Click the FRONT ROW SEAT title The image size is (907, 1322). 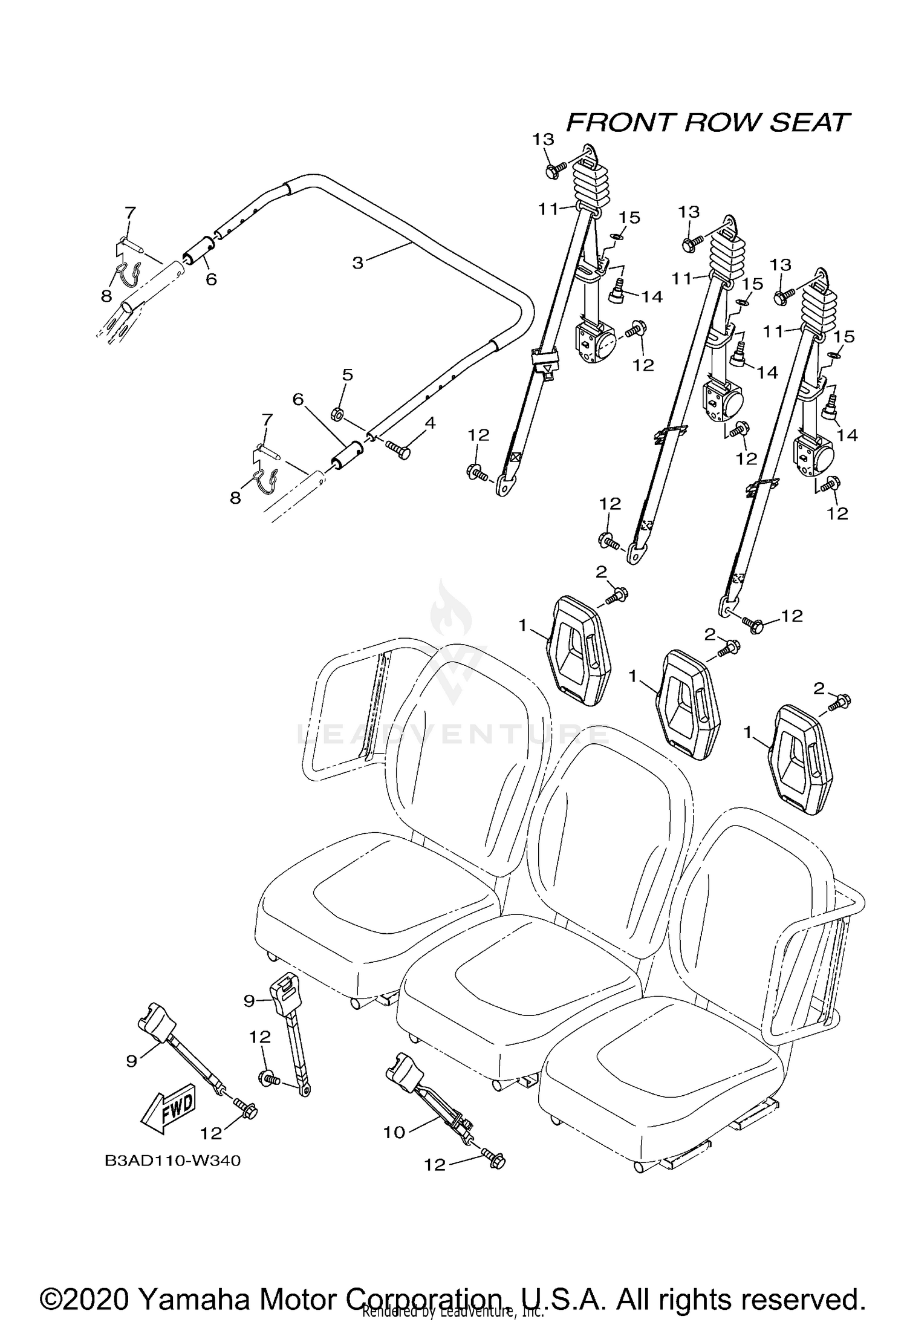pyautogui.click(x=707, y=123)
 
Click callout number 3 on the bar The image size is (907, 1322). pyautogui.click(x=358, y=263)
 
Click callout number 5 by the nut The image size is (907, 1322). pyautogui.click(x=347, y=376)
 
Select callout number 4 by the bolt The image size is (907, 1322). pyautogui.click(x=429, y=423)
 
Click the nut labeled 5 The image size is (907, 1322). pyautogui.click(x=338, y=414)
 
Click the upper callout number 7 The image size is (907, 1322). pyautogui.click(x=131, y=212)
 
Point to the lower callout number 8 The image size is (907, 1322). pyautogui.click(x=235, y=497)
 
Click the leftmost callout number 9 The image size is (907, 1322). pyautogui.click(x=132, y=1061)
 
